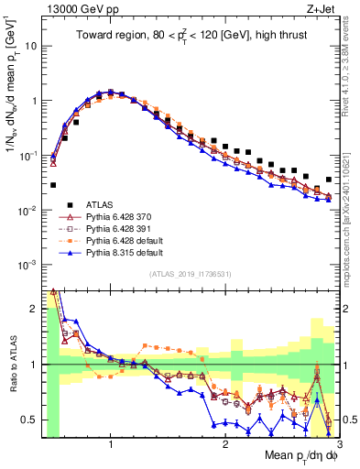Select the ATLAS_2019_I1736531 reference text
[x=188, y=274]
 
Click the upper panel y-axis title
[x=12, y=101]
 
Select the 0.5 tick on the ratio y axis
[x=31, y=420]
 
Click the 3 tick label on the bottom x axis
[x=339, y=444]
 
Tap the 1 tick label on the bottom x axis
[x=110, y=444]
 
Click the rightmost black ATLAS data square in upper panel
[x=328, y=180]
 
